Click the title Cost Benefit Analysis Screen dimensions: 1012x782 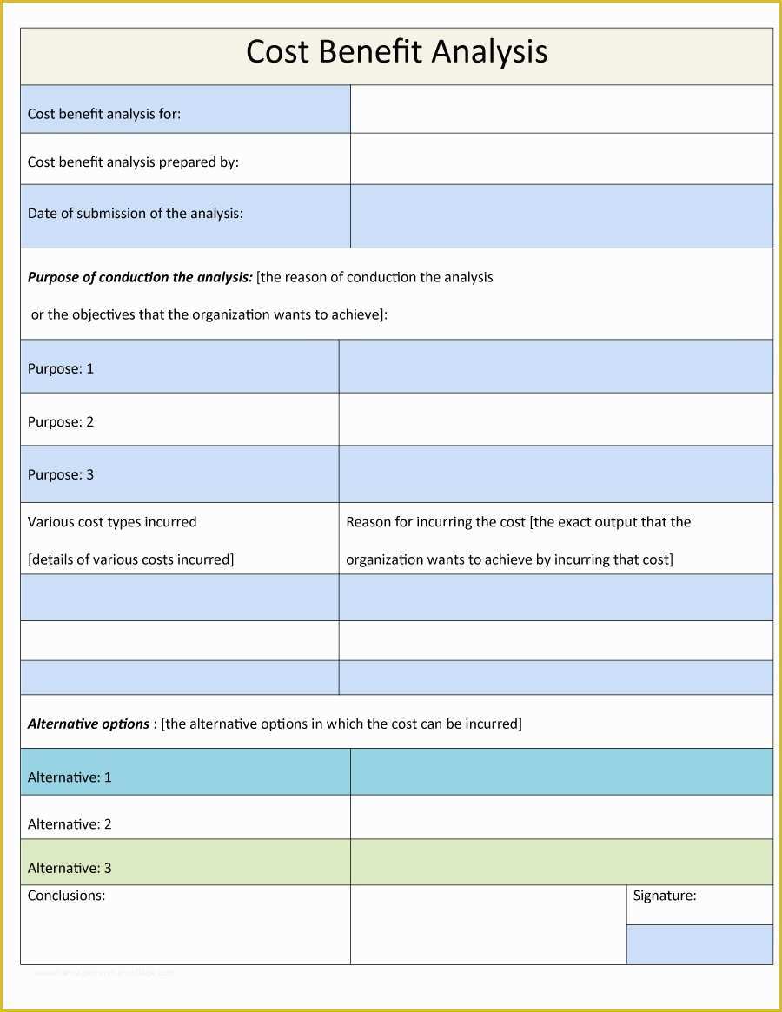[x=396, y=52]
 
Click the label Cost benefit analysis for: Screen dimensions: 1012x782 [x=104, y=114]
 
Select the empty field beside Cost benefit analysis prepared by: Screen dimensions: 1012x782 [x=561, y=159]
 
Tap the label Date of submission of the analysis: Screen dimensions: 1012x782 [x=135, y=214]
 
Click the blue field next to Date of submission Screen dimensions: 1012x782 [x=561, y=216]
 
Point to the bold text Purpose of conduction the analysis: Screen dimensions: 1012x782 [x=140, y=277]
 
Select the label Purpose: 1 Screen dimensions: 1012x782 [x=61, y=368]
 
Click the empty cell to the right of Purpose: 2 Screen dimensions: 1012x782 [x=555, y=420]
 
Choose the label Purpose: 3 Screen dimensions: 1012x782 [x=61, y=474]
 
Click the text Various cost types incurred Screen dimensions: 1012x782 [x=112, y=522]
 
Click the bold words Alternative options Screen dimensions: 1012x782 [x=89, y=724]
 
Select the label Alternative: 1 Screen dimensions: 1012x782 [x=70, y=777]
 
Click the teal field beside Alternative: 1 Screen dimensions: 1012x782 [x=561, y=772]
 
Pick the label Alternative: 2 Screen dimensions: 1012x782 [x=70, y=823]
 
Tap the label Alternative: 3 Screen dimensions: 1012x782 [x=70, y=868]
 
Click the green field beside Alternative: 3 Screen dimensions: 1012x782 [x=561, y=863]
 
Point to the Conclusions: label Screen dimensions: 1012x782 [x=66, y=896]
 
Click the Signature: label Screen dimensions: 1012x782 [x=664, y=896]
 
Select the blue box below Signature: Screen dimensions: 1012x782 [x=699, y=944]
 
